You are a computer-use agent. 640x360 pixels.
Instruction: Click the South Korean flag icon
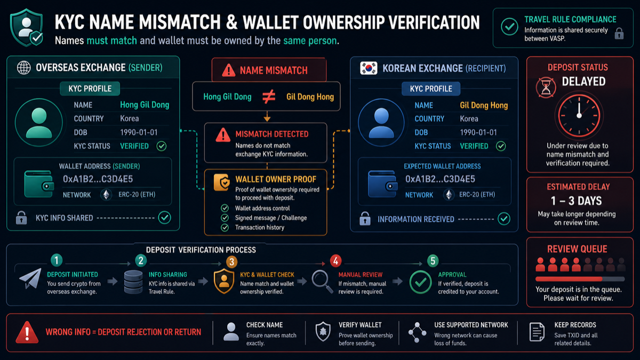point(369,68)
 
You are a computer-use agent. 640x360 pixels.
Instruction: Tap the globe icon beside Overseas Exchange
point(23,68)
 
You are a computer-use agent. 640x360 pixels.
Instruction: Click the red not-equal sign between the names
point(269,97)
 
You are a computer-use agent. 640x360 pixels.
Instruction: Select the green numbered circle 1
point(57,260)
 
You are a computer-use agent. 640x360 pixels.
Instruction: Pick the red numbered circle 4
point(335,261)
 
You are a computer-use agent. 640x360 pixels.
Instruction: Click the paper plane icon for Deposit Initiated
point(30,278)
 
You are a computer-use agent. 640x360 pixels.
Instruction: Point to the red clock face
point(579,115)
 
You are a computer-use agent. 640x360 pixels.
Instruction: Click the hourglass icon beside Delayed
point(546,87)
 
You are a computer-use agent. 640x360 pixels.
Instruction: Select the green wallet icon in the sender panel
point(39,184)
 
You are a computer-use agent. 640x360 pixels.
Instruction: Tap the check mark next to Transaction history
point(225,227)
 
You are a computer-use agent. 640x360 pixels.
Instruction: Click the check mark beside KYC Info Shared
point(165,218)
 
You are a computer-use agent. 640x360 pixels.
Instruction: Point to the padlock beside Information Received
point(365,219)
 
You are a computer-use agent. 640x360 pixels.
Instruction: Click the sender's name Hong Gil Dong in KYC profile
point(145,105)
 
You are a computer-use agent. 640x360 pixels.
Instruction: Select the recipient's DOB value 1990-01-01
point(478,132)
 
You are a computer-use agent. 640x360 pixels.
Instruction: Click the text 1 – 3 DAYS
point(577,201)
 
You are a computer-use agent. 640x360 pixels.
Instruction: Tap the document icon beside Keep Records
point(537,332)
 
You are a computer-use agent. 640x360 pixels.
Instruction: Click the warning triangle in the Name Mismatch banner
point(229,70)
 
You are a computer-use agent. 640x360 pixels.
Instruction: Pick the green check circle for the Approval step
point(421,282)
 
